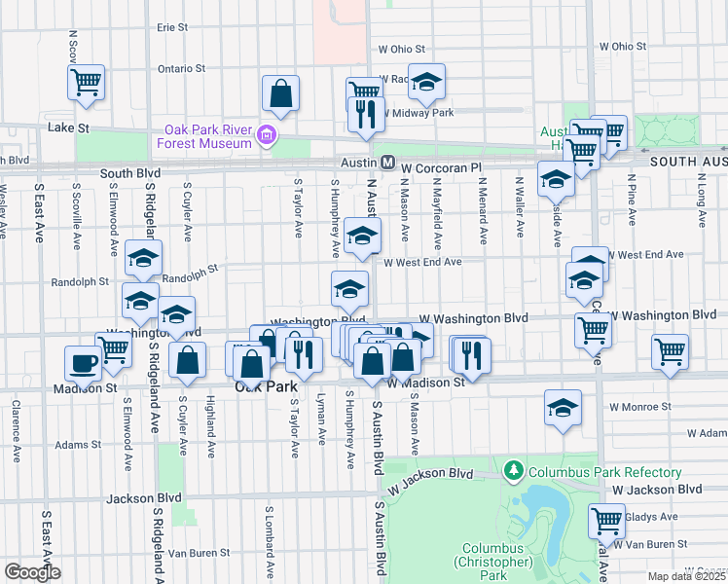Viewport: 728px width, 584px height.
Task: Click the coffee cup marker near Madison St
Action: click(84, 364)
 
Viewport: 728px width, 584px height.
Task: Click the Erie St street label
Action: click(171, 28)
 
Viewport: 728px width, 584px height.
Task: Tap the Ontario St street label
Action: click(182, 69)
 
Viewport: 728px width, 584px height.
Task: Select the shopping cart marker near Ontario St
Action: click(86, 81)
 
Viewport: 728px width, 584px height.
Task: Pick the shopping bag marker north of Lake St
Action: click(280, 93)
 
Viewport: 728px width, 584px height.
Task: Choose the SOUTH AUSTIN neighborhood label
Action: click(688, 163)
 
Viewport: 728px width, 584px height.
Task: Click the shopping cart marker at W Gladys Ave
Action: click(607, 521)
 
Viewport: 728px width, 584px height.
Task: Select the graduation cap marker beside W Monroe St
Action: click(563, 407)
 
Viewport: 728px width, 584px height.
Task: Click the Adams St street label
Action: click(78, 445)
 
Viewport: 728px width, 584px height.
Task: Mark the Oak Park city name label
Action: click(266, 387)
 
